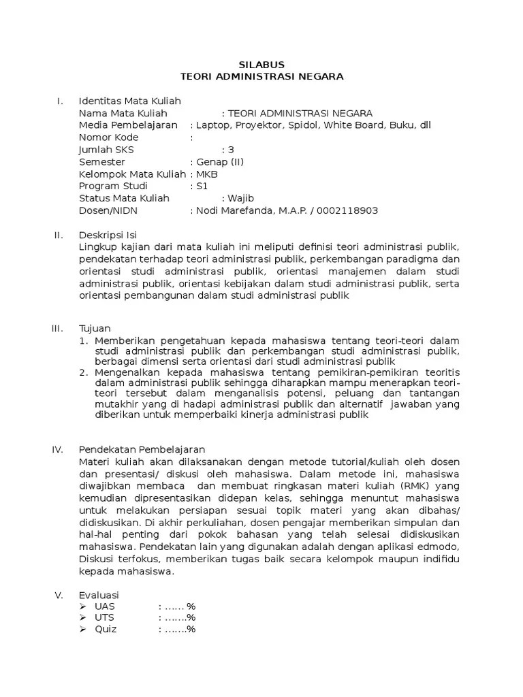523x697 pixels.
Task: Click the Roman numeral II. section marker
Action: (59, 235)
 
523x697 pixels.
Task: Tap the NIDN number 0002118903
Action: (347, 210)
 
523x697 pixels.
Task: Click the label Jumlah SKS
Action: (106, 149)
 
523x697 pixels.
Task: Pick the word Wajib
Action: (242, 198)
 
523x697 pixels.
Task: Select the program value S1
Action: (201, 186)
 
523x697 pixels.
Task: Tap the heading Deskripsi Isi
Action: (108, 235)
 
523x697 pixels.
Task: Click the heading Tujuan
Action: (95, 328)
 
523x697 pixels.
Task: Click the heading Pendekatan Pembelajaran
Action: (142, 449)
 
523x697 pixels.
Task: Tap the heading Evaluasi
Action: (99, 595)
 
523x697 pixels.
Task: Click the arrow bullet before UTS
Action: (82, 617)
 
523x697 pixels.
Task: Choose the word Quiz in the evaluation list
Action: (106, 629)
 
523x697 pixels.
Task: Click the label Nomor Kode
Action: (109, 137)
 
